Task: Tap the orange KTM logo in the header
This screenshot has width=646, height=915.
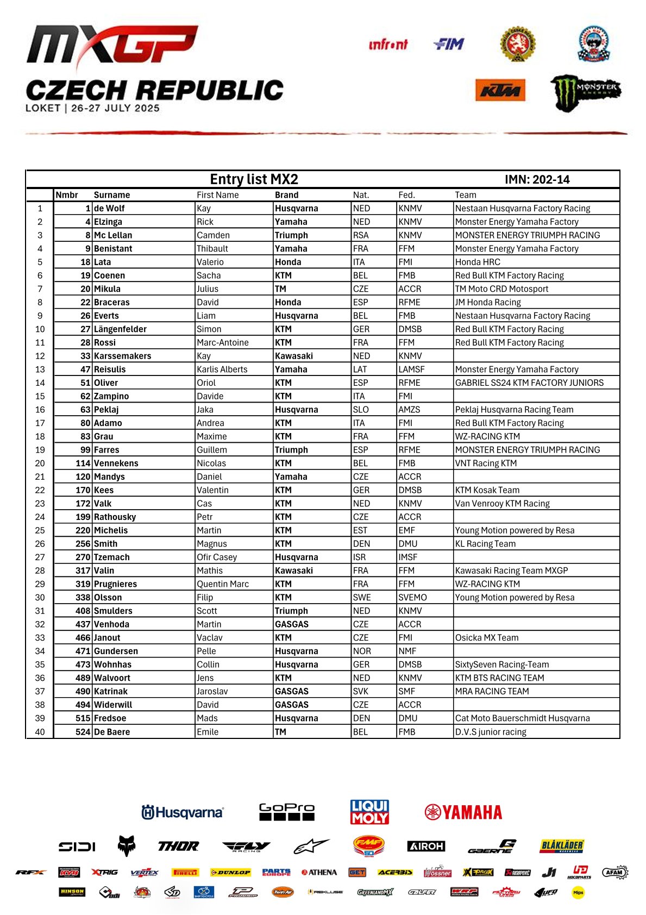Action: pyautogui.click(x=500, y=90)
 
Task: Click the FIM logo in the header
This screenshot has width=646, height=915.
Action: pyautogui.click(x=449, y=44)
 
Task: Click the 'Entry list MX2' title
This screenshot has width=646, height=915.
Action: pyautogui.click(x=254, y=179)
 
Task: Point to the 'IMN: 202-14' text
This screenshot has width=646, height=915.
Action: pyautogui.click(x=537, y=180)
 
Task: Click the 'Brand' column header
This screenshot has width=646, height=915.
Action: pyautogui.click(x=286, y=195)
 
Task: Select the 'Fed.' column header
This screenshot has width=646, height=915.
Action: pyautogui.click(x=406, y=195)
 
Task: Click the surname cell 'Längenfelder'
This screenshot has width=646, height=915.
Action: pyautogui.click(x=120, y=329)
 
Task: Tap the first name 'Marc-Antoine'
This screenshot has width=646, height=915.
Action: pyautogui.click(x=223, y=343)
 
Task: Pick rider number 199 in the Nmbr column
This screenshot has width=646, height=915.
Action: pyautogui.click(x=83, y=517)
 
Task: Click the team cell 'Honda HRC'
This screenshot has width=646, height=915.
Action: pyautogui.click(x=478, y=262)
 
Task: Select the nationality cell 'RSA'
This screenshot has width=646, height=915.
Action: pyautogui.click(x=361, y=235)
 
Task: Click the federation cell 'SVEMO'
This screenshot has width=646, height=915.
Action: pyautogui.click(x=412, y=598)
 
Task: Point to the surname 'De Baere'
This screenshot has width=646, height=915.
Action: pyautogui.click(x=112, y=732)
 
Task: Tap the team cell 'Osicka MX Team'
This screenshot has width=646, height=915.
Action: pyautogui.click(x=487, y=638)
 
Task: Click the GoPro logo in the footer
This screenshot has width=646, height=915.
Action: pyautogui.click(x=286, y=812)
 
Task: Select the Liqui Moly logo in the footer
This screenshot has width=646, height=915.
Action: pyautogui.click(x=369, y=812)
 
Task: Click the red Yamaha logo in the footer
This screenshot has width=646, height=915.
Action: pyautogui.click(x=463, y=812)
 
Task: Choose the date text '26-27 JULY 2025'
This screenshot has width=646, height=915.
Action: pyautogui.click(x=115, y=108)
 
